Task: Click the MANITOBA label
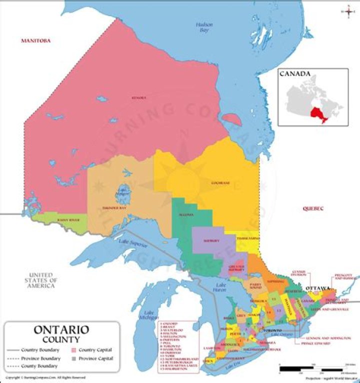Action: coord(35,40)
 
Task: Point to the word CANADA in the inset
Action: coord(294,74)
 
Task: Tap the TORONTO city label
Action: coord(273,331)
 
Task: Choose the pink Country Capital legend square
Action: coord(73,349)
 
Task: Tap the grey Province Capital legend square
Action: coord(73,358)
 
